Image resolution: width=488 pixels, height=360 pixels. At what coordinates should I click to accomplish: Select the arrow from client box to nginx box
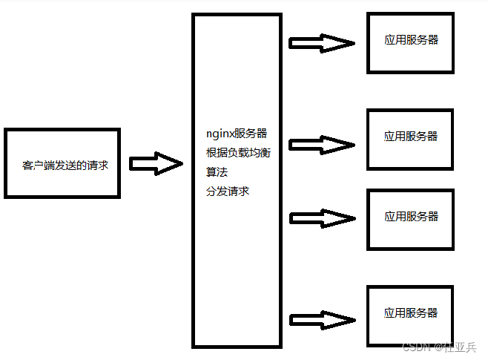point(154,164)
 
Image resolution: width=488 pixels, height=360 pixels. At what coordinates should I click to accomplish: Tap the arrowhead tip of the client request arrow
point(181,164)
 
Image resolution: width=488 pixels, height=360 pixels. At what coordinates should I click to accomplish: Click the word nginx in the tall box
point(220,134)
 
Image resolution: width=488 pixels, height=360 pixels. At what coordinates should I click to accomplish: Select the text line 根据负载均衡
point(237,153)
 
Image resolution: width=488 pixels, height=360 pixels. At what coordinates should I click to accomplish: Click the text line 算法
point(217,172)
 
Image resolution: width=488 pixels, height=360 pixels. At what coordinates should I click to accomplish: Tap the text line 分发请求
point(227,192)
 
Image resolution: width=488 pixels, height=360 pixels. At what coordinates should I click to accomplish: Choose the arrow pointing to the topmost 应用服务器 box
point(321,44)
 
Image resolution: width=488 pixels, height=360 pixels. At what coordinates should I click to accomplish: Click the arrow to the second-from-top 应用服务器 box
point(321,143)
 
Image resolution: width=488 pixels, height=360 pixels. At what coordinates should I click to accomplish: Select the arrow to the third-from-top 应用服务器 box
point(321,219)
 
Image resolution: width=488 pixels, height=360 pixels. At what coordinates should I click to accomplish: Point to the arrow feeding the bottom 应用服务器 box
point(321,320)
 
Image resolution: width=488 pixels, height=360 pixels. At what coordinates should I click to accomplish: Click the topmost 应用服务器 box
point(411,42)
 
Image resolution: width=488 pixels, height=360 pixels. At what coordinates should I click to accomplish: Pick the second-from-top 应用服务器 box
point(411,138)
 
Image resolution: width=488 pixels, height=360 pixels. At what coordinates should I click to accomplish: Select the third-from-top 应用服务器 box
point(411,217)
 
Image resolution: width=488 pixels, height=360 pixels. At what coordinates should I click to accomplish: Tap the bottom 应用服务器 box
point(411,314)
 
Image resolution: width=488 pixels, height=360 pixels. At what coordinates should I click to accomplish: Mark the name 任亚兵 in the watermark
point(460,347)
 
